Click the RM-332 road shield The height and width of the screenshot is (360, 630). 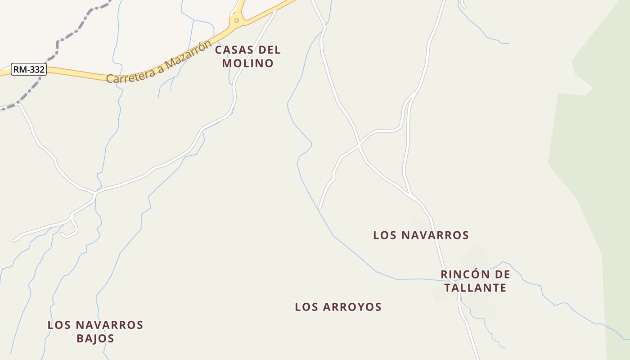29,69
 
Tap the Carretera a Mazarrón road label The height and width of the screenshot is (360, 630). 159,62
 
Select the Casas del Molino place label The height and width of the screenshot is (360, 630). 247,56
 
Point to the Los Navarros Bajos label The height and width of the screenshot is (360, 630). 95,331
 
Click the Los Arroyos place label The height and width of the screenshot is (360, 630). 338,307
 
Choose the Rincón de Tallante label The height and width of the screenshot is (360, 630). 475,281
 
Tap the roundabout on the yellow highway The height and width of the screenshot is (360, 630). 236,20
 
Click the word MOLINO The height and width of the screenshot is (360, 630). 247,63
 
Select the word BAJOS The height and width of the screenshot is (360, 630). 95,338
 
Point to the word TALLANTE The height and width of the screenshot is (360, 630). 475,288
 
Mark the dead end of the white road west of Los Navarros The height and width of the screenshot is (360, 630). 320,208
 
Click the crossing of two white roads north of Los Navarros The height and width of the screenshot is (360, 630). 359,145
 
